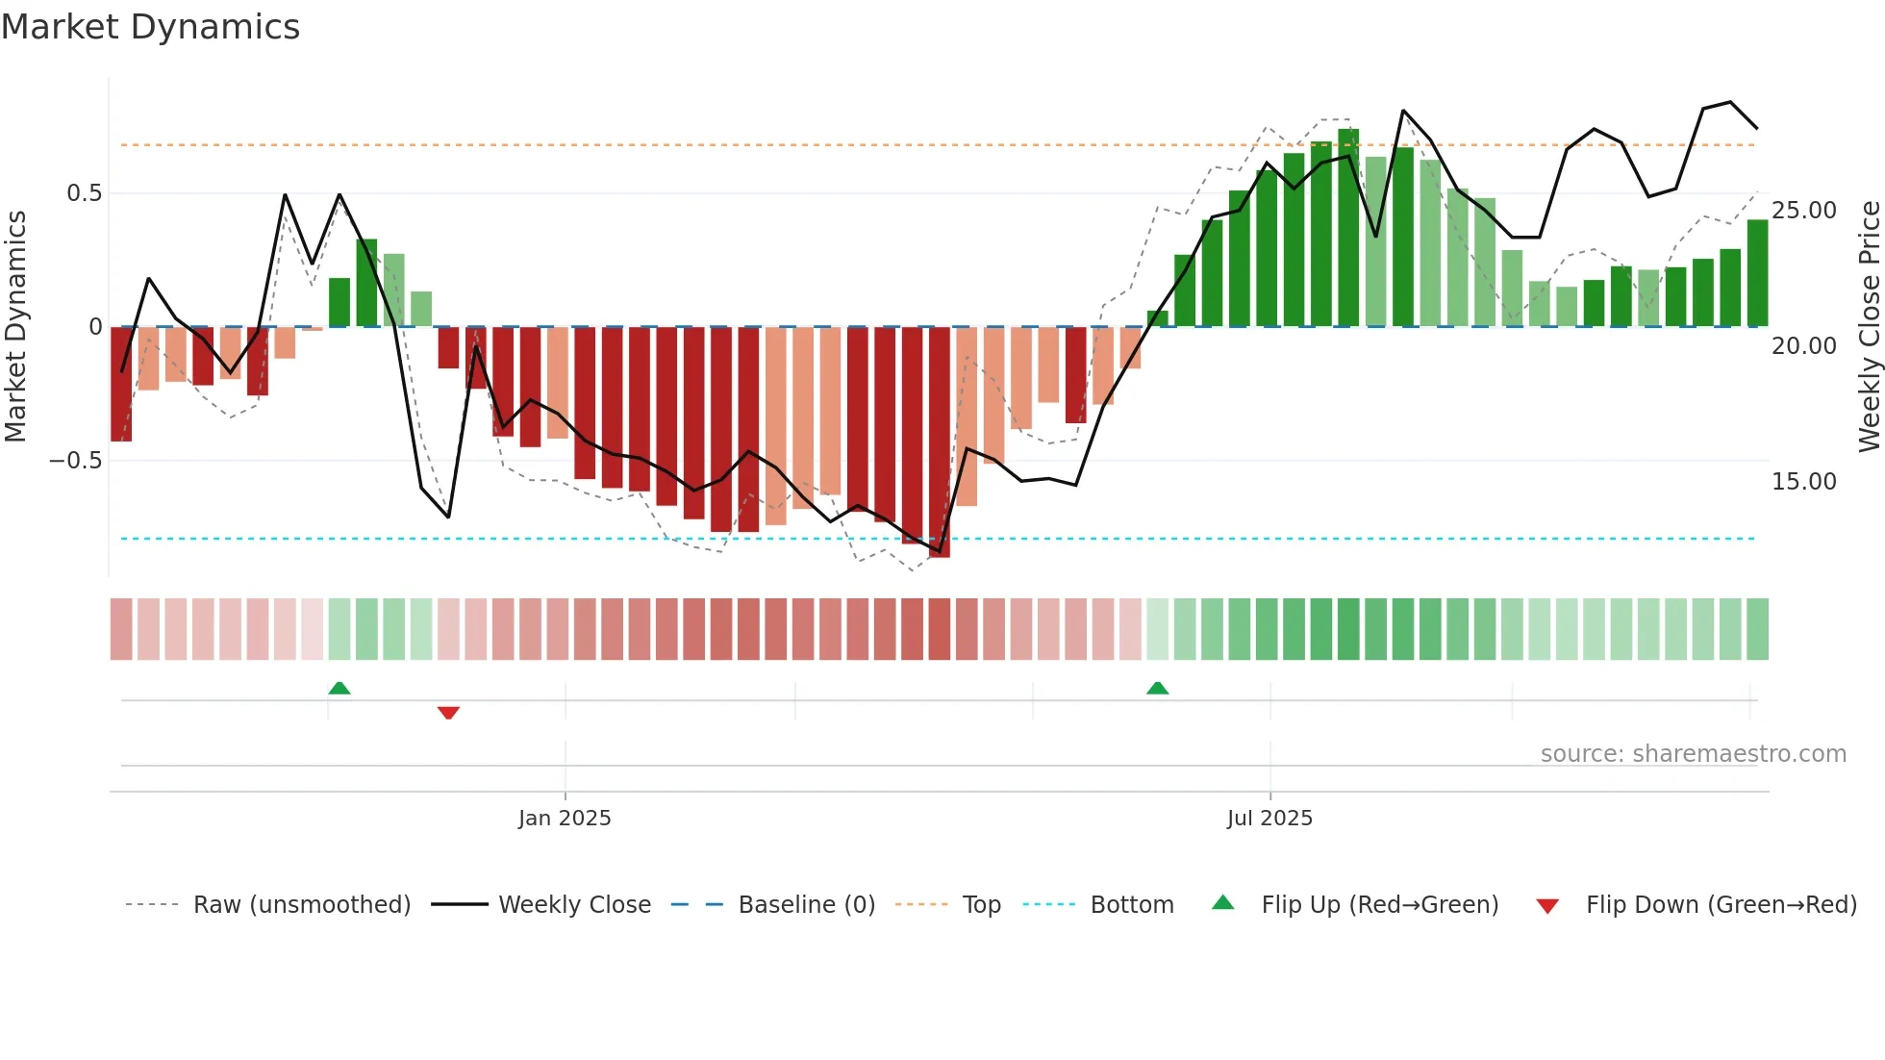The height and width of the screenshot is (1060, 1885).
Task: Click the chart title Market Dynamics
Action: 150,27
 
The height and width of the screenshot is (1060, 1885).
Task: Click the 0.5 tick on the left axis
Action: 84,193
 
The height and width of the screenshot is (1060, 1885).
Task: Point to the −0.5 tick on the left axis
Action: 75,461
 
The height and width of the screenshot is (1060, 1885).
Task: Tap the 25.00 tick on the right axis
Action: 1803,211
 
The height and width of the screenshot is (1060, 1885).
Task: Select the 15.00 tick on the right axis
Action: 1803,482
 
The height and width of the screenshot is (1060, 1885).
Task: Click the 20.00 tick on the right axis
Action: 1803,346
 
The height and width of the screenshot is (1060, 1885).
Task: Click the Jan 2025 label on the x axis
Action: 565,819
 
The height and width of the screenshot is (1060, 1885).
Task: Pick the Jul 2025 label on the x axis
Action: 1269,819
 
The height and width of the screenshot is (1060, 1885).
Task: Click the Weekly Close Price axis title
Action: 1869,327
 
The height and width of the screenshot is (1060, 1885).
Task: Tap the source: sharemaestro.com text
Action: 1693,754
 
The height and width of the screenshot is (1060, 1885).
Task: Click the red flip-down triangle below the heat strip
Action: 448,713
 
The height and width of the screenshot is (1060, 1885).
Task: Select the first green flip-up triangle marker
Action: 339,688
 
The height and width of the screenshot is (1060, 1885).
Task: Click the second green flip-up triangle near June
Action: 1157,688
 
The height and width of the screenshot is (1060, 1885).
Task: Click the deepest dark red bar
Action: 940,442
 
